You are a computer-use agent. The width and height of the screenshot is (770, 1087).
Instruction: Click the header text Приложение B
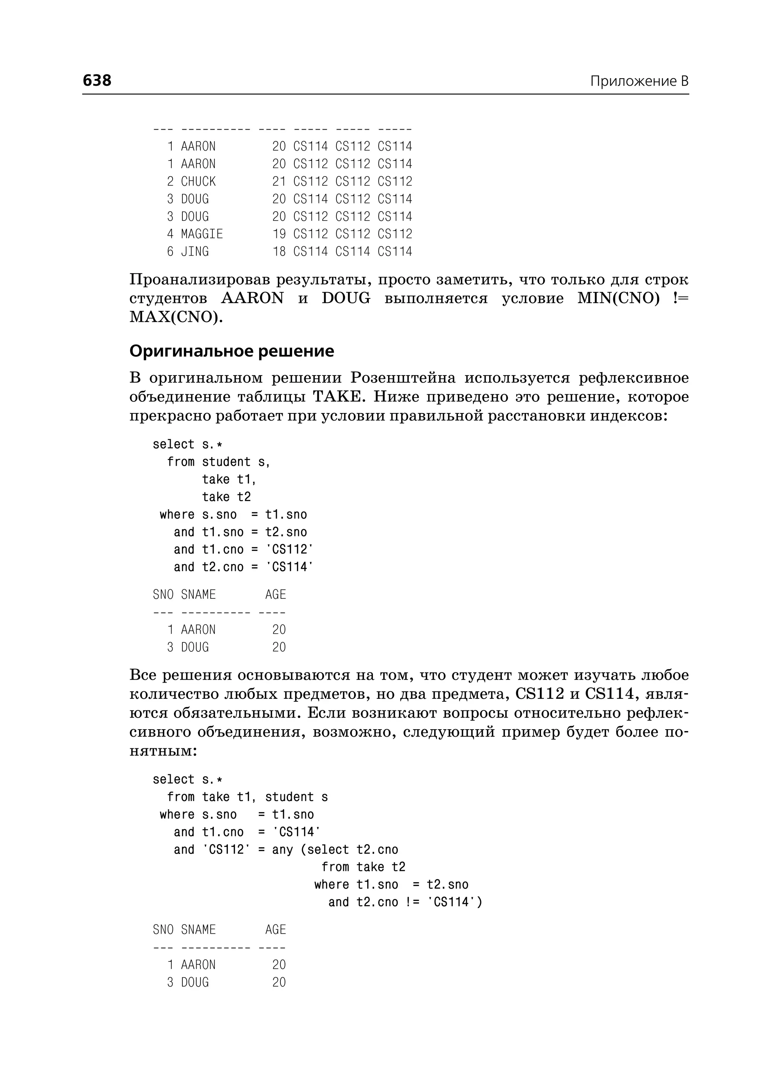639,81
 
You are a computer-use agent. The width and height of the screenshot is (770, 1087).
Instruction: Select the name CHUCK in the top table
198,182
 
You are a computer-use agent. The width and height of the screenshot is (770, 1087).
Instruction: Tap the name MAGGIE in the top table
202,234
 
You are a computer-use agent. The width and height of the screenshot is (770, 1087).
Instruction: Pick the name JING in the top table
195,252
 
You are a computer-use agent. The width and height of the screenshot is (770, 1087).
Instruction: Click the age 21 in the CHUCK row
279,182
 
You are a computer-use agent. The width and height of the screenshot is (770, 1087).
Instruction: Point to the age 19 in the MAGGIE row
279,234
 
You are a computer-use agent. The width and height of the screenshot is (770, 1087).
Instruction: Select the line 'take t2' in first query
226,497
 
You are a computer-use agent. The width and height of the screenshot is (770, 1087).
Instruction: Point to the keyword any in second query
282,849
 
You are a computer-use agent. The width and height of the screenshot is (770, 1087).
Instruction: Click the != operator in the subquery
412,902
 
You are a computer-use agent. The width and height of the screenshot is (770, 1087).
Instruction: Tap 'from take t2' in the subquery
363,867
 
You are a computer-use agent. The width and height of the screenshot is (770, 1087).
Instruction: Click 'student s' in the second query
296,797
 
